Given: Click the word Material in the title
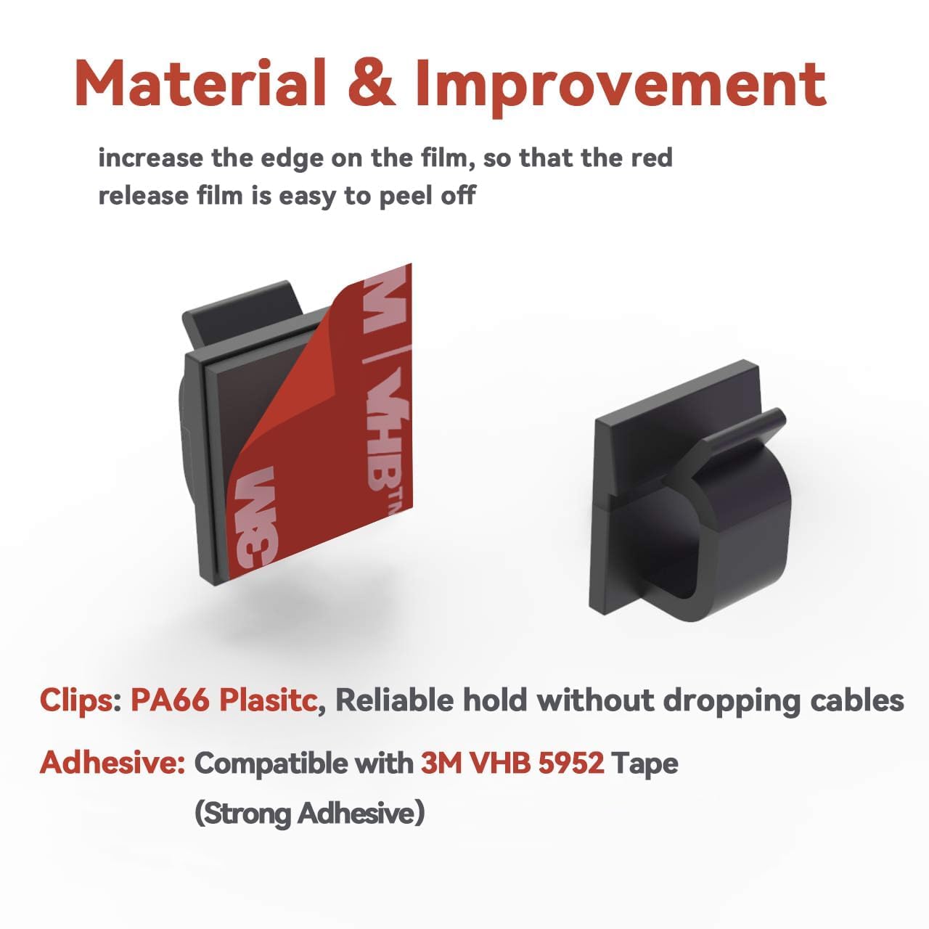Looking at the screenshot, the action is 200,83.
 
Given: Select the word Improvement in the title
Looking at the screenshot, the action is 621,87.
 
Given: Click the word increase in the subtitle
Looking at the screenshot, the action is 151,159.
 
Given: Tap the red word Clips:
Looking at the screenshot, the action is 81,701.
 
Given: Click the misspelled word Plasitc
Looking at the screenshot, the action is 268,700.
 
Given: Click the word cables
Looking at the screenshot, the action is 856,700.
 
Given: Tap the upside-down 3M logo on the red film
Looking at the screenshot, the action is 255,516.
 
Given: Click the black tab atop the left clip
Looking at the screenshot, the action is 242,314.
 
